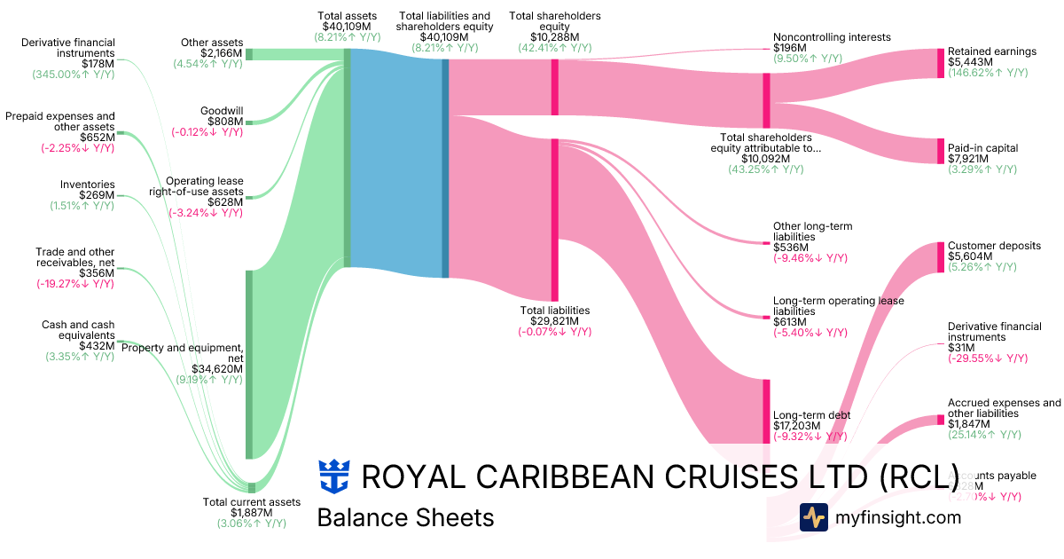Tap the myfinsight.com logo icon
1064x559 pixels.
click(x=813, y=517)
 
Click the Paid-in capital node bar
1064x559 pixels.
click(x=941, y=151)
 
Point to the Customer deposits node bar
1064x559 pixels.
click(x=941, y=257)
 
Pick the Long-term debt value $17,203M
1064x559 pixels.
click(x=798, y=426)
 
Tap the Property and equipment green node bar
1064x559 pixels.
click(x=249, y=364)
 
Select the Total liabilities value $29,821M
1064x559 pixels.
click(x=554, y=321)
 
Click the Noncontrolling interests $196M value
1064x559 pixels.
click(x=789, y=48)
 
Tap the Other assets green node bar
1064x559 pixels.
click(x=249, y=54)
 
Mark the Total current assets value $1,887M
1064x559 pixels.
click(x=252, y=513)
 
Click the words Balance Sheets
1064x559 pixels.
click(x=405, y=517)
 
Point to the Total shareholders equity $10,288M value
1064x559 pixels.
click(x=554, y=37)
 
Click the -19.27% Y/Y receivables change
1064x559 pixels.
click(x=75, y=284)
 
